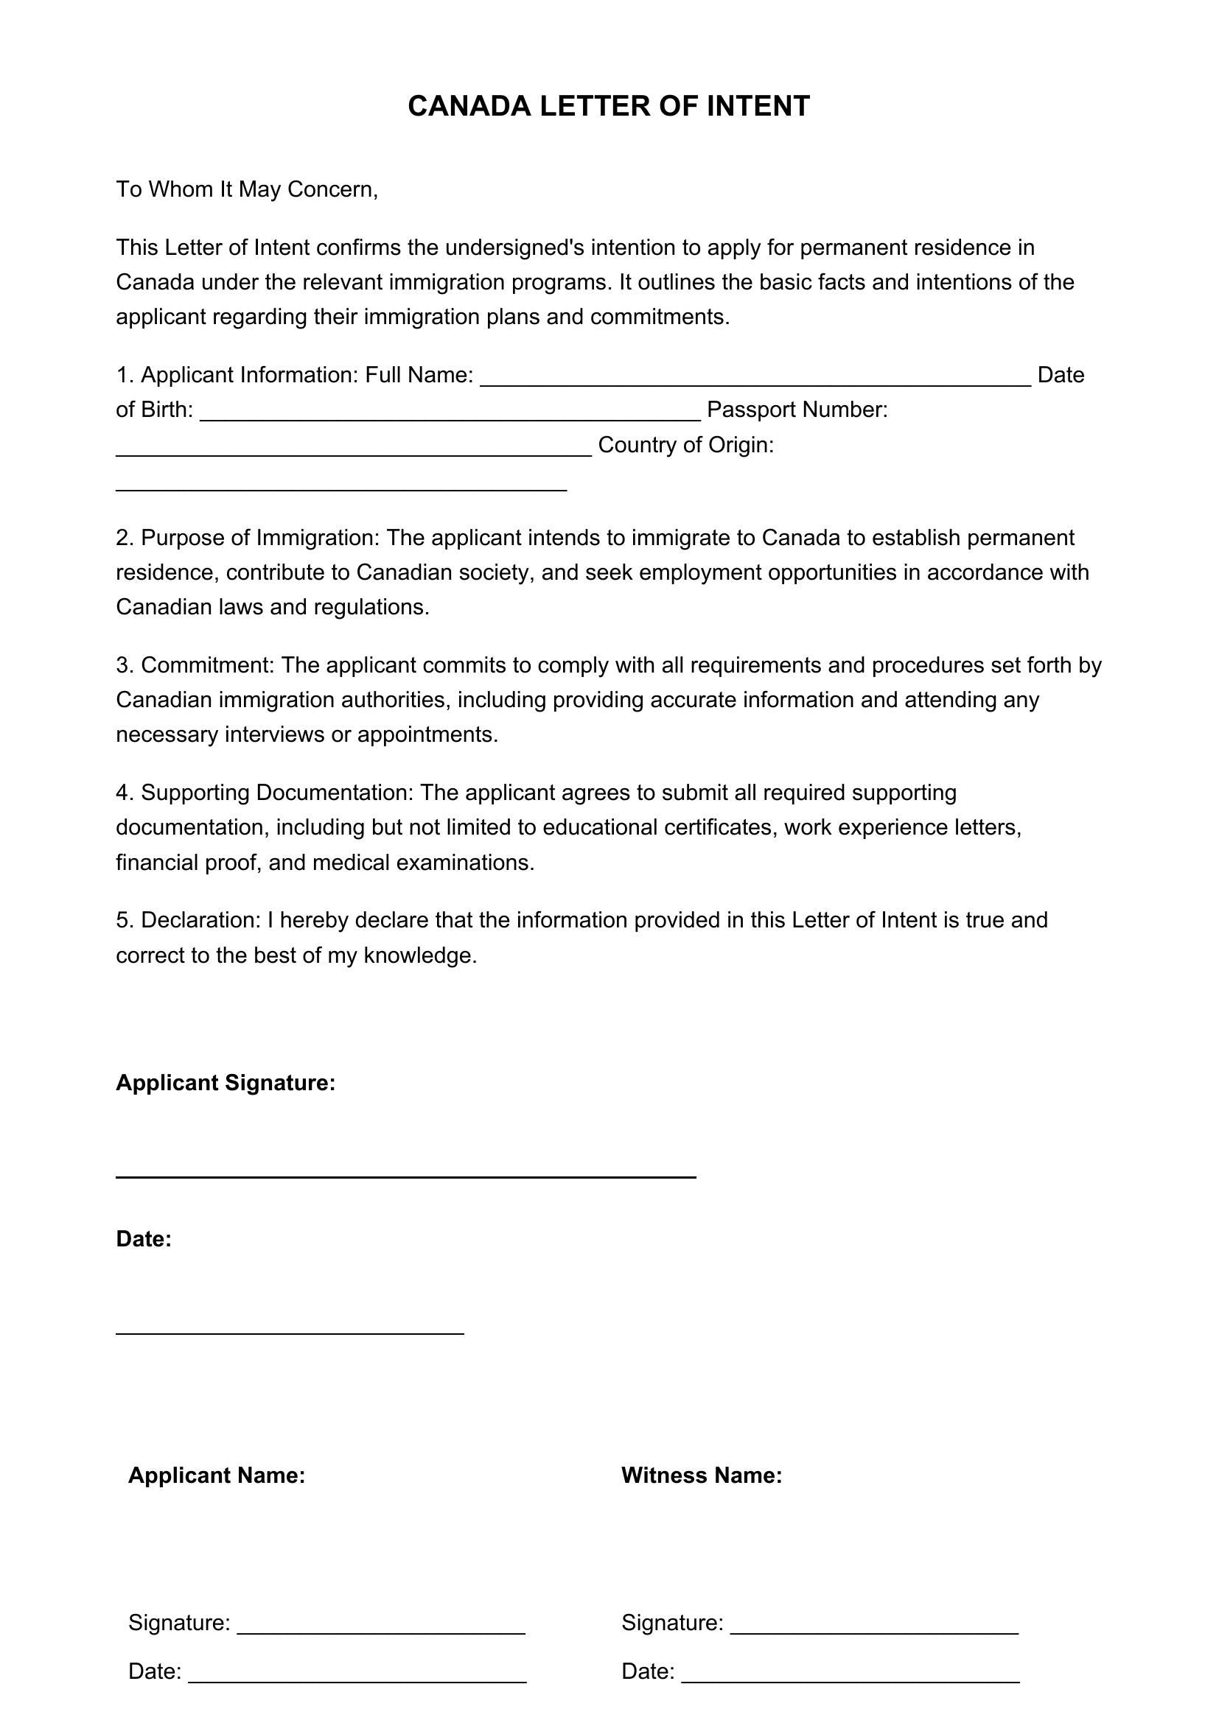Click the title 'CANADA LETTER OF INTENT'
pos(609,107)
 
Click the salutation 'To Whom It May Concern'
pos(245,189)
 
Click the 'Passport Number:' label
pos(797,410)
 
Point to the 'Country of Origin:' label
pos(685,445)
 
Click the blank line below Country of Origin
pos(341,488)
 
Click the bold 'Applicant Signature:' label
pos(226,1083)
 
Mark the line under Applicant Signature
pos(405,1176)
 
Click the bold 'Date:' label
pos(144,1239)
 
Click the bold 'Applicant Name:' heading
pos(216,1475)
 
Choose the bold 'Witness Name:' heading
pos(702,1475)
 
